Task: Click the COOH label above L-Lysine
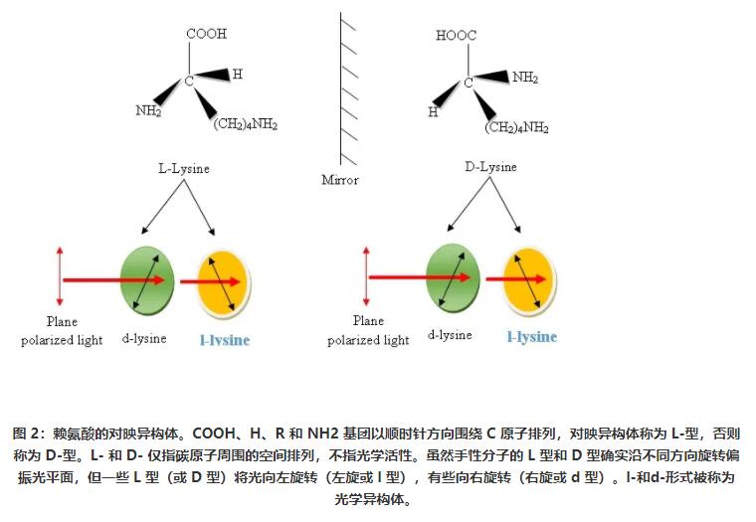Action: [206, 34]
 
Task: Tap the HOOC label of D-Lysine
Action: [456, 37]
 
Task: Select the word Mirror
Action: [339, 180]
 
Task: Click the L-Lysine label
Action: [185, 169]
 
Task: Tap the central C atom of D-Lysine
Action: [468, 83]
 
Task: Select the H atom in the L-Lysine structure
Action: [237, 74]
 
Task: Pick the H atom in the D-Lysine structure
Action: [433, 111]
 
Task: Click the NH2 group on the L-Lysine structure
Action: [148, 110]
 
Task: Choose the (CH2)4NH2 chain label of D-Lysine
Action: [516, 127]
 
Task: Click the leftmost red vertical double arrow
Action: [60, 277]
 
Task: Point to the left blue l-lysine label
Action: [225, 340]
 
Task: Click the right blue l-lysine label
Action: [531, 337]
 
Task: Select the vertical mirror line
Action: [341, 89]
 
